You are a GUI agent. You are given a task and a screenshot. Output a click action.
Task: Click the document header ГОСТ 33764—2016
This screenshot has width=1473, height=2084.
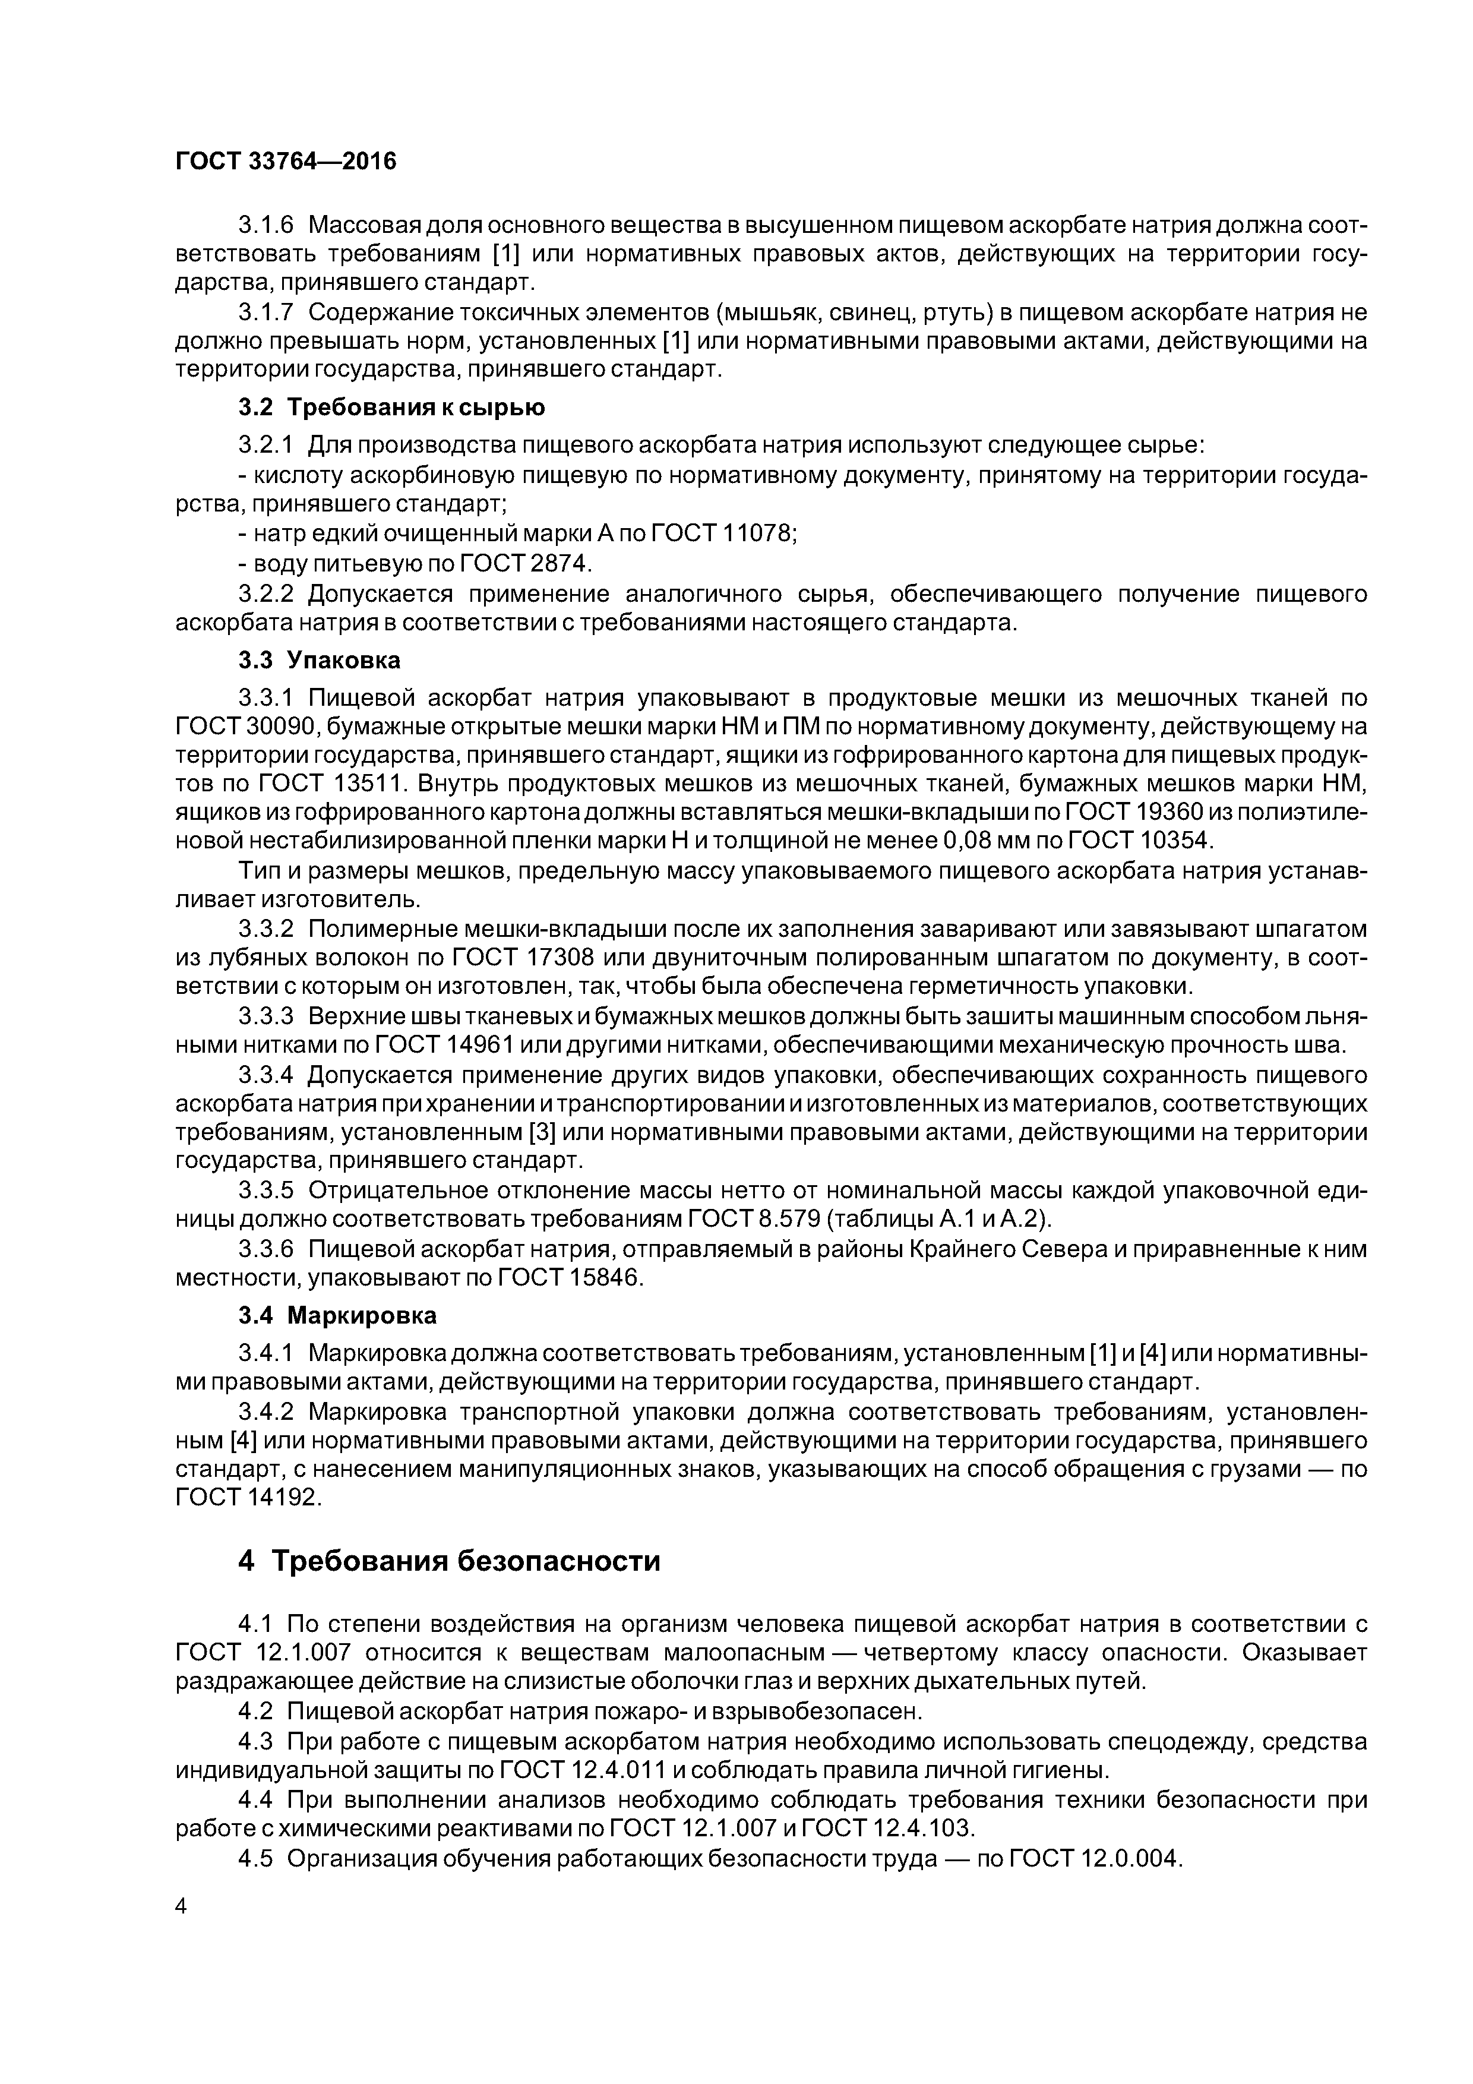click(285, 162)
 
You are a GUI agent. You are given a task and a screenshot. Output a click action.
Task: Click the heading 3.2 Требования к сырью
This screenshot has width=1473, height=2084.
click(391, 408)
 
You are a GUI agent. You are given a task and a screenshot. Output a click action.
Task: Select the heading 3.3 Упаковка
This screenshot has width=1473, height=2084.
click(320, 660)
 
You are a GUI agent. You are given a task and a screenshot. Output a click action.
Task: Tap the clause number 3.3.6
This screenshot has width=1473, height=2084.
click(266, 1250)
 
